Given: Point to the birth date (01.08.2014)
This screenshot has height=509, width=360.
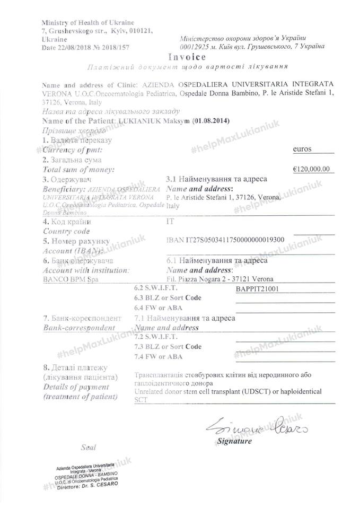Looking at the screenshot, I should coord(212,120).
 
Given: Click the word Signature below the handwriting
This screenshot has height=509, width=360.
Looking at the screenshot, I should coord(235,441).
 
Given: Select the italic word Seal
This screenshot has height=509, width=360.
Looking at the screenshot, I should coord(89,447).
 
